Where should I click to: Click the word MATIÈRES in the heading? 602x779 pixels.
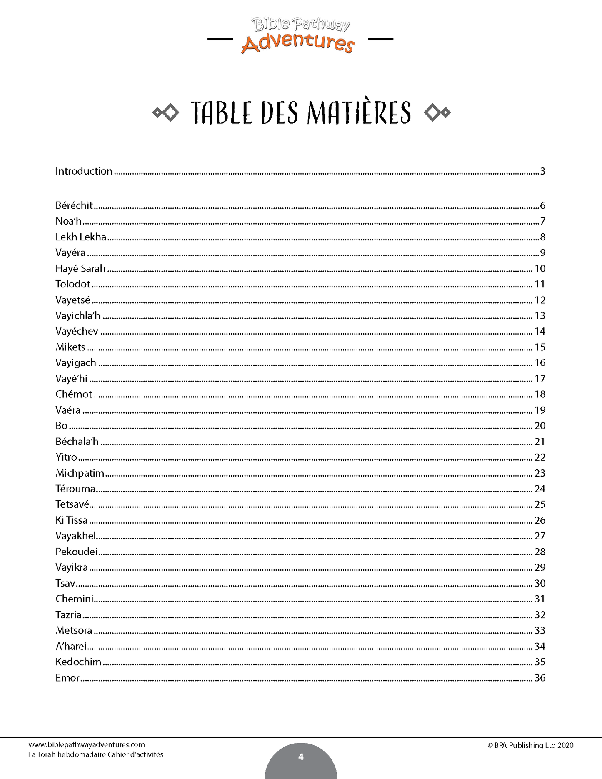pyautogui.click(x=360, y=113)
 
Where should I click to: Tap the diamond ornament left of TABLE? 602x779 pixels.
pyautogui.click(x=166, y=113)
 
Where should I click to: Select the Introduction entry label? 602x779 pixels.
pyautogui.click(x=84, y=171)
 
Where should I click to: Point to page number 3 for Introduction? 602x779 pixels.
pyautogui.click(x=542, y=171)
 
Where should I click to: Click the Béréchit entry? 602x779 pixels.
pyautogui.click(x=74, y=205)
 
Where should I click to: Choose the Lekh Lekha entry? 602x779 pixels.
pyautogui.click(x=81, y=237)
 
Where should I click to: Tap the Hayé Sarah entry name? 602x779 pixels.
pyautogui.click(x=80, y=269)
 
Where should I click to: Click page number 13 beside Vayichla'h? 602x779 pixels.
pyautogui.click(x=540, y=316)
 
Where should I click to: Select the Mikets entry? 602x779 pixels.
pyautogui.click(x=70, y=347)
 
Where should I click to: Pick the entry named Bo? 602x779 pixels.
pyautogui.click(x=62, y=426)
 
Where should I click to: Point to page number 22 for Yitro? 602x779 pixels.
pyautogui.click(x=540, y=457)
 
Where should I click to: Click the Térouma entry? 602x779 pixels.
pyautogui.click(x=75, y=489)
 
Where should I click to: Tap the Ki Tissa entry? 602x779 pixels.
pyautogui.click(x=72, y=520)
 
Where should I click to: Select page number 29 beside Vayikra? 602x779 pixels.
pyautogui.click(x=540, y=567)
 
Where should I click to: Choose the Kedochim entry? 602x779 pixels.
pyautogui.click(x=78, y=662)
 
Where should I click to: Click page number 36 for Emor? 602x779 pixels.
pyautogui.click(x=540, y=678)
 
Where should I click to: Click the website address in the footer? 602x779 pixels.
pyautogui.click(x=87, y=745)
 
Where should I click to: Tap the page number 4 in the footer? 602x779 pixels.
pyautogui.click(x=301, y=757)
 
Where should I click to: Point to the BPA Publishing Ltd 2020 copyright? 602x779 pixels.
pyautogui.click(x=530, y=745)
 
